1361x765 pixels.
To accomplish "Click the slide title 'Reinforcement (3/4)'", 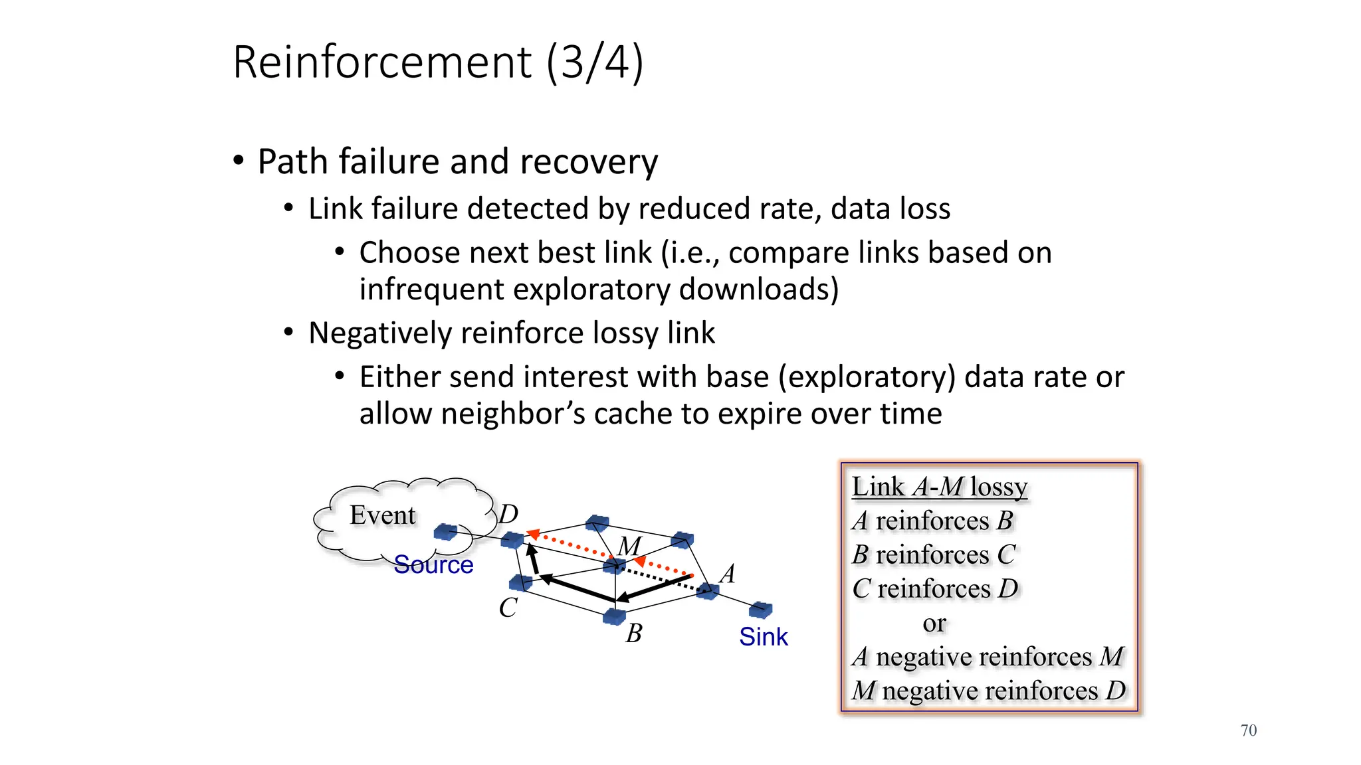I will pyautogui.click(x=438, y=62).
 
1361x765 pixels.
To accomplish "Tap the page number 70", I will pyautogui.click(x=1248, y=730).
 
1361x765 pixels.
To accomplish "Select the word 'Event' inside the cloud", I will pyautogui.click(x=382, y=515).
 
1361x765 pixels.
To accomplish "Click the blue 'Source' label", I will pyautogui.click(x=433, y=565).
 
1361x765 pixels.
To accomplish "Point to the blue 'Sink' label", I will pyautogui.click(x=763, y=637).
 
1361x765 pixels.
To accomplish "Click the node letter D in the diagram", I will pyautogui.click(x=508, y=514).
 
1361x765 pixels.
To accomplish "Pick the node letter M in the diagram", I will pyautogui.click(x=629, y=546).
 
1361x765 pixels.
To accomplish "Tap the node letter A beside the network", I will pyautogui.click(x=728, y=573).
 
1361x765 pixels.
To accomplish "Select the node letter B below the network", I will pyautogui.click(x=634, y=634).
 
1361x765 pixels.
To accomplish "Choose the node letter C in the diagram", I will pyautogui.click(x=508, y=608).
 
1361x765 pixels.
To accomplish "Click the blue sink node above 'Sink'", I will pyautogui.click(x=760, y=609).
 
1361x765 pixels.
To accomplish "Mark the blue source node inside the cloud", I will pyautogui.click(x=445, y=532).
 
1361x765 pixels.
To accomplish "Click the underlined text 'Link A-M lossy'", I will pyautogui.click(x=939, y=487).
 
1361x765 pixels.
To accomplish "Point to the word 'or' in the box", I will pyautogui.click(x=934, y=623).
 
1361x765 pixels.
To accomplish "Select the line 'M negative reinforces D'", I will pyautogui.click(x=988, y=691).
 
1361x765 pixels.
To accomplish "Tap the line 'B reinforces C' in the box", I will pyautogui.click(x=934, y=554).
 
